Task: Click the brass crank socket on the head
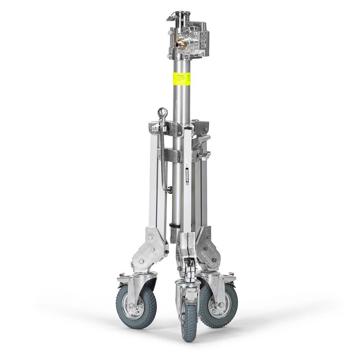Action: click(178, 44)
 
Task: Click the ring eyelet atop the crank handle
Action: click(163, 112)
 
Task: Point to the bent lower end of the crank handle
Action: click(166, 190)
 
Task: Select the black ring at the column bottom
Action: click(173, 226)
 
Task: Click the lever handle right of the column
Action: click(202, 140)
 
